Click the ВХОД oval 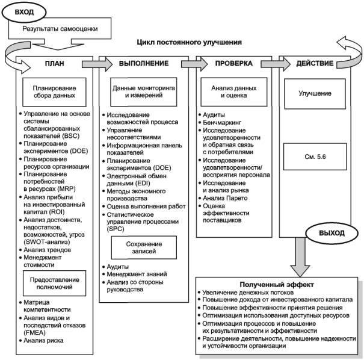tap(24, 12)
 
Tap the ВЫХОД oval tap(332, 233)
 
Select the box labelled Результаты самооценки tap(60, 29)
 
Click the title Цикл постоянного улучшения tap(189, 42)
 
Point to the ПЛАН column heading tap(55, 63)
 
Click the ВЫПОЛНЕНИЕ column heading tap(144, 63)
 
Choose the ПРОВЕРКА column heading tap(234, 63)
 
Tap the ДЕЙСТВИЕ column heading tap(315, 63)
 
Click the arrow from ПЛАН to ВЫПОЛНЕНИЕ tap(97, 64)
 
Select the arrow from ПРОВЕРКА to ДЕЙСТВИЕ tap(276, 64)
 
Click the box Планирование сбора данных tap(54, 92)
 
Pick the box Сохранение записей tap(144, 247)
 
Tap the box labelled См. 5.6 tap(315, 157)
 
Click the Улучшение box tap(315, 93)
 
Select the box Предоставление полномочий tap(54, 283)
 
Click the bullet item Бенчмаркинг tap(222, 122)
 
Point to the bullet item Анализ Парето tap(225, 198)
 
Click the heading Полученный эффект tap(277, 285)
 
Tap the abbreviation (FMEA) tap(34, 333)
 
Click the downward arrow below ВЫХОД tap(300, 257)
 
